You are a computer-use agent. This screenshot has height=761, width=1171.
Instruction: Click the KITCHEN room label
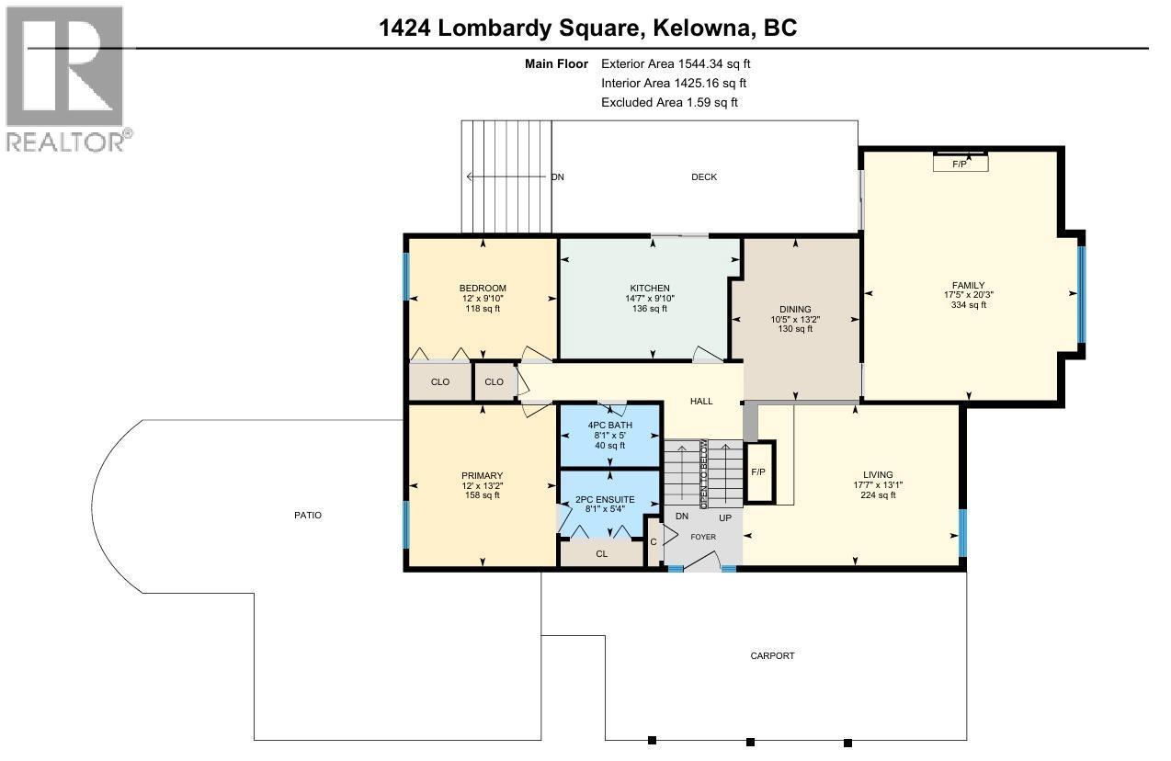650,289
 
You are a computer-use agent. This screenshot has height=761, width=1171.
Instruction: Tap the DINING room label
795,309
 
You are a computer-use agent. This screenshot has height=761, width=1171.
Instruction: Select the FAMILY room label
969,285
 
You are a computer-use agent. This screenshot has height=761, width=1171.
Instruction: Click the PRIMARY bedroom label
482,476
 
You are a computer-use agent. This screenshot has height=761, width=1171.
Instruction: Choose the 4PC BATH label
609,426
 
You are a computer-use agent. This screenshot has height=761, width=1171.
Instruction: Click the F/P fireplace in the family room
960,164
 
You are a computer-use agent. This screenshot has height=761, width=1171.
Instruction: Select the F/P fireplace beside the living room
758,472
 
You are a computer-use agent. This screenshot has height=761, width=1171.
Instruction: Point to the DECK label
704,177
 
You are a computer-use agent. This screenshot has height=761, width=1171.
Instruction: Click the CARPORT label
772,656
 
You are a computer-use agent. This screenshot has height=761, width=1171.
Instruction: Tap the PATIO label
308,516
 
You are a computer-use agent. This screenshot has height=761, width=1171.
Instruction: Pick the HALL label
701,402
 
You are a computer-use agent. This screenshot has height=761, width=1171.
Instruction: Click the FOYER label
703,538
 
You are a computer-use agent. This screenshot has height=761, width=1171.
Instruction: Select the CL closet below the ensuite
602,554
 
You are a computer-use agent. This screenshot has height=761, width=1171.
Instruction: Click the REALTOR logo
66,78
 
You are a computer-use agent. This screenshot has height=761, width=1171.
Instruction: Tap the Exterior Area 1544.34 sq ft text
682,64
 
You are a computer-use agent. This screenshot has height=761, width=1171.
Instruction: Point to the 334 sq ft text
969,305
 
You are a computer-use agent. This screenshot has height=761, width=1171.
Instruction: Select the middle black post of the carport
750,741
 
